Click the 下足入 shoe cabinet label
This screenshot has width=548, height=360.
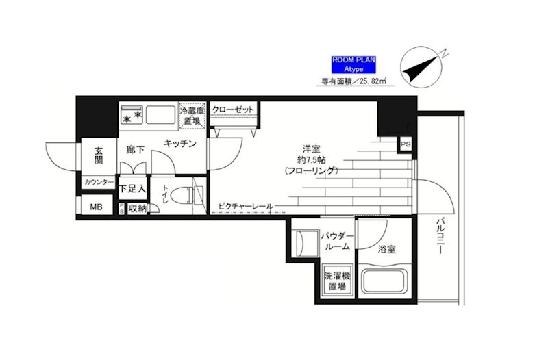(x=132, y=188)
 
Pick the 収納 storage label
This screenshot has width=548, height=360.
(x=136, y=208)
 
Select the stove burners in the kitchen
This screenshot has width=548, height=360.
(x=132, y=116)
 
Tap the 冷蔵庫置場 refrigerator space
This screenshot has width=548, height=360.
(x=192, y=116)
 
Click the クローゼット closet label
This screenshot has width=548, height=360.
(x=234, y=110)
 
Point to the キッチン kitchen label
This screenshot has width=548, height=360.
(x=180, y=144)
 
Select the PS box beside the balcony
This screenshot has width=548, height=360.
(x=406, y=144)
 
